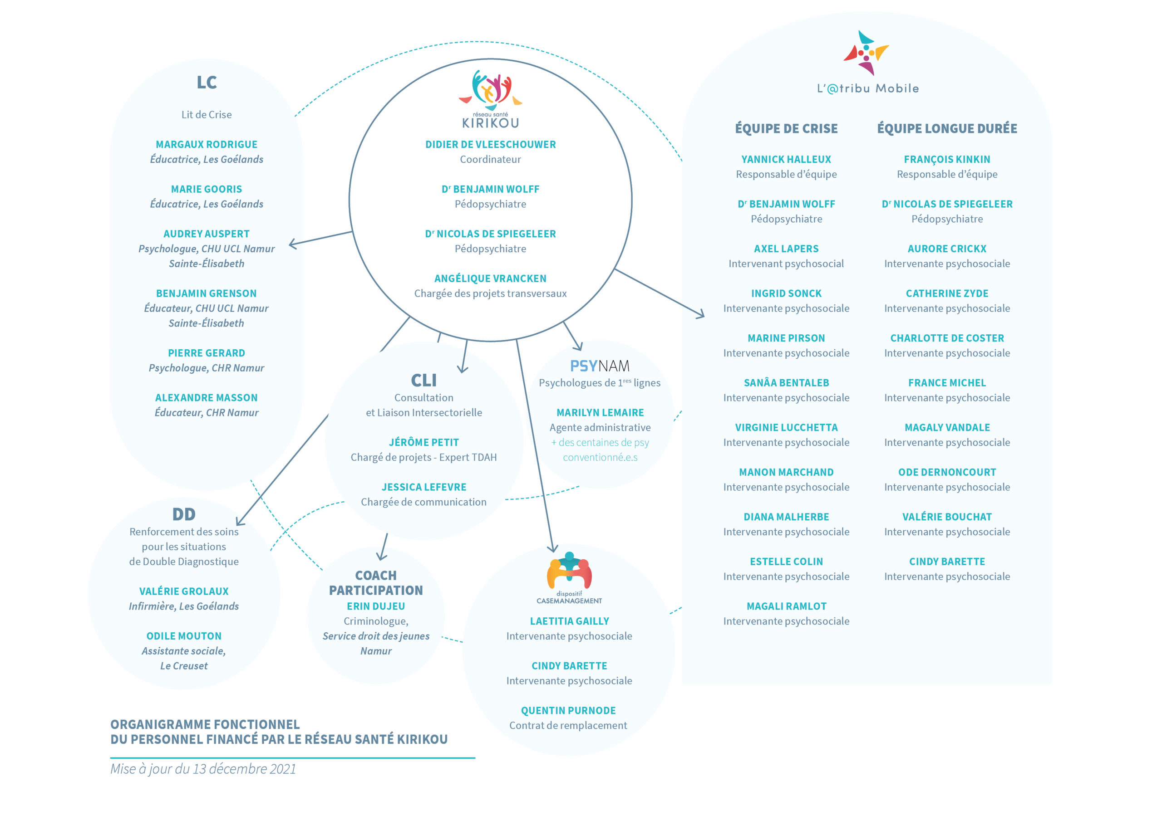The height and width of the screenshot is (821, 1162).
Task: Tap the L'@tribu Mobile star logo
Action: (866, 53)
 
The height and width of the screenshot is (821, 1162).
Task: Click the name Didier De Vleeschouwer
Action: (490, 145)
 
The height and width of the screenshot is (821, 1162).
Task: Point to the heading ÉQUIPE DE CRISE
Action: (786, 128)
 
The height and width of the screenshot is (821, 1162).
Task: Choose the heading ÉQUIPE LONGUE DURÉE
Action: (947, 128)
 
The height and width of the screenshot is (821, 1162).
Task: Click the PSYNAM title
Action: (600, 366)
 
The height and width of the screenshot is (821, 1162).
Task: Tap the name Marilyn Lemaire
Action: (600, 413)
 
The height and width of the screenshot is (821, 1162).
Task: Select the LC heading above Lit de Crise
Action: (207, 83)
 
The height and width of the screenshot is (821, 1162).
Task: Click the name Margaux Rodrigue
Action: (207, 145)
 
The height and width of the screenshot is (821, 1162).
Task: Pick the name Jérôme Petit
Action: (423, 443)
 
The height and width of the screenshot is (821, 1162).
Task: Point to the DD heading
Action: (184, 514)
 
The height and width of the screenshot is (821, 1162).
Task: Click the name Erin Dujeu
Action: (375, 606)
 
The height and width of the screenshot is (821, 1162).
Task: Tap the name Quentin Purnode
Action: (568, 711)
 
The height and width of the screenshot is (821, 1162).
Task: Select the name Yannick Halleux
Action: (786, 159)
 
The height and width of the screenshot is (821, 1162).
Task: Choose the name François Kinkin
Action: (947, 159)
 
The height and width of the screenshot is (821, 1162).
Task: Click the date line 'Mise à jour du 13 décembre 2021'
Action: (203, 769)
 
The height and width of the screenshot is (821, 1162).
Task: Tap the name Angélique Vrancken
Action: (490, 279)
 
